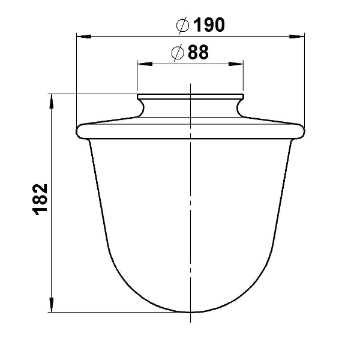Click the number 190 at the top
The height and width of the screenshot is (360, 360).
(209, 25)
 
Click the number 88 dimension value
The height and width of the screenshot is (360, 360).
(199, 52)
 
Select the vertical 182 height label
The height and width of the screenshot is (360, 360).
(40, 199)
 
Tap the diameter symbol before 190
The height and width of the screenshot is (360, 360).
(183, 25)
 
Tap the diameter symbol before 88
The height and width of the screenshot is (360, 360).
(178, 53)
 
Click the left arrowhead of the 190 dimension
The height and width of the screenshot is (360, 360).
(84, 37)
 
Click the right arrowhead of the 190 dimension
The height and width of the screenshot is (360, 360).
(297, 37)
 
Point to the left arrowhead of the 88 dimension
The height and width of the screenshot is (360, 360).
(145, 64)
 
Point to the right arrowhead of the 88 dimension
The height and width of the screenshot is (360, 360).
(236, 64)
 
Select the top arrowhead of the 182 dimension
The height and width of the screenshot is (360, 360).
(52, 101)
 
